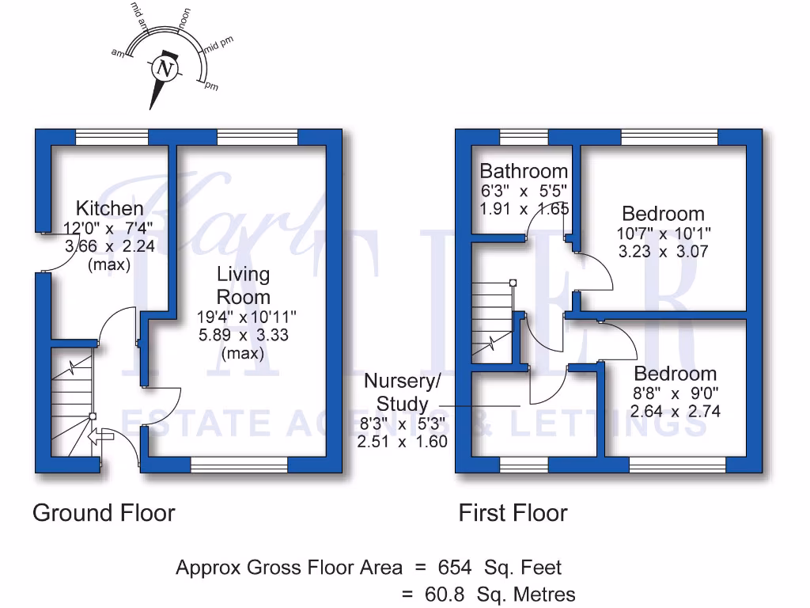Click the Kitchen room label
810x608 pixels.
coord(109,208)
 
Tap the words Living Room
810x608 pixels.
coord(244,286)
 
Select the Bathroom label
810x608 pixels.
coord(524,171)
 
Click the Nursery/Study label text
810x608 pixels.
coord(402,393)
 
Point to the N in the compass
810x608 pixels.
coord(165,68)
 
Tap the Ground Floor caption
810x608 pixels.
coord(104,513)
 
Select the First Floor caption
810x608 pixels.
coord(513,513)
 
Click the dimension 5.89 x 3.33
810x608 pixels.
coord(243,335)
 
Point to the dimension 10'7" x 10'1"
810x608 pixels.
coord(664,234)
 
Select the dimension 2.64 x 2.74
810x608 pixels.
coord(675,411)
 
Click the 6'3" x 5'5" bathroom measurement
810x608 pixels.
coord(524,191)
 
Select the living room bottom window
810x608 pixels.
coord(239,465)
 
